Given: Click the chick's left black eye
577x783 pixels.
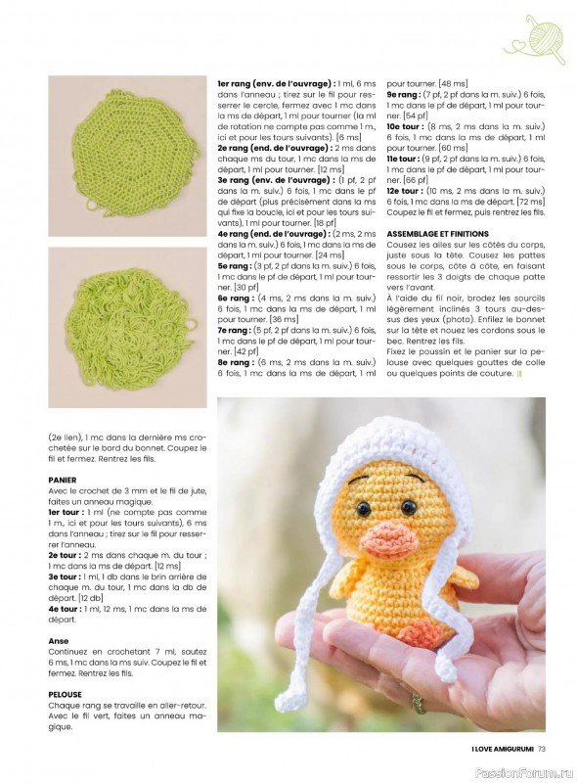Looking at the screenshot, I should pyautogui.click(x=364, y=510).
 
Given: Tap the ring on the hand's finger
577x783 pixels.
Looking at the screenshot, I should pyautogui.click(x=418, y=701).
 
